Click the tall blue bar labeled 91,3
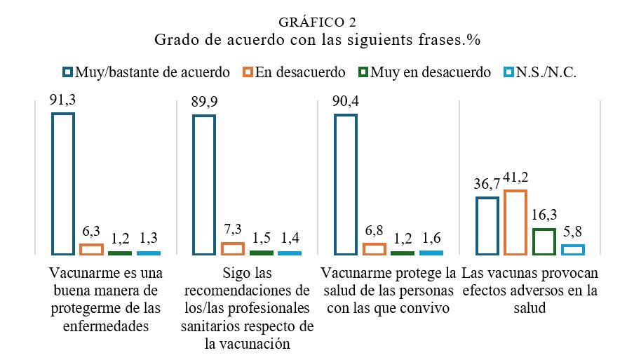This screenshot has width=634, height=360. tap(53, 184)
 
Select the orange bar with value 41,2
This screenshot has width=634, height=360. tap(505, 222)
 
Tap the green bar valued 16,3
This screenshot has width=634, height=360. tap(534, 242)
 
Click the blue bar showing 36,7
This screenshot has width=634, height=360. tap(477, 226)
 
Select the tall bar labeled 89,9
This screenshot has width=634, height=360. tap(194, 185)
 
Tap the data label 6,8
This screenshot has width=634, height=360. tap(374, 231)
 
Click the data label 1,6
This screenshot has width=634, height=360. tap(431, 238)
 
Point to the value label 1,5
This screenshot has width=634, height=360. tap(261, 238)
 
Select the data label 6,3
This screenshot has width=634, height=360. tap(91, 232)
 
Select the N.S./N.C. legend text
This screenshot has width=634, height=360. tap(546, 72)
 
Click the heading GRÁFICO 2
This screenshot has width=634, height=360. tap(317, 22)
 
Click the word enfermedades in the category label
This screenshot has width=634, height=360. tap(106, 326)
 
